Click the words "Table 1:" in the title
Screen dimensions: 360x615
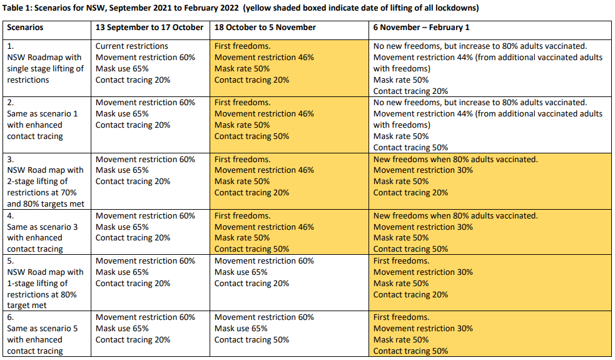point(19,8)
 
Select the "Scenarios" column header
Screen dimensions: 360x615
point(26,28)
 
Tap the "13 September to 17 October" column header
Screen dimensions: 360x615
point(150,28)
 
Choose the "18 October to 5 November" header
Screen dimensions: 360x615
point(265,28)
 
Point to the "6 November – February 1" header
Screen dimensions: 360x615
point(421,28)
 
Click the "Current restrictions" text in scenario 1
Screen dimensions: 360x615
point(132,46)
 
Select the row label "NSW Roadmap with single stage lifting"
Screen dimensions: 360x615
point(45,63)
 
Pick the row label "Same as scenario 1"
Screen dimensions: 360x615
point(43,113)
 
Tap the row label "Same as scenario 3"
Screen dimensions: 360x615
point(43,227)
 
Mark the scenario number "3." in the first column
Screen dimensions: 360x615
point(11,159)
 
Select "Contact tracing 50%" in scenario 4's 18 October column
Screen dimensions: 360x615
point(252,249)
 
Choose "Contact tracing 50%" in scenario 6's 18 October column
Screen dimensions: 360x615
point(252,340)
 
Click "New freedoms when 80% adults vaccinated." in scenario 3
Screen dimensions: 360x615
point(455,159)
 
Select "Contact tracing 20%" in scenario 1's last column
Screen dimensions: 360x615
point(410,91)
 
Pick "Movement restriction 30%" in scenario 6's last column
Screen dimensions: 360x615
point(423,329)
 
